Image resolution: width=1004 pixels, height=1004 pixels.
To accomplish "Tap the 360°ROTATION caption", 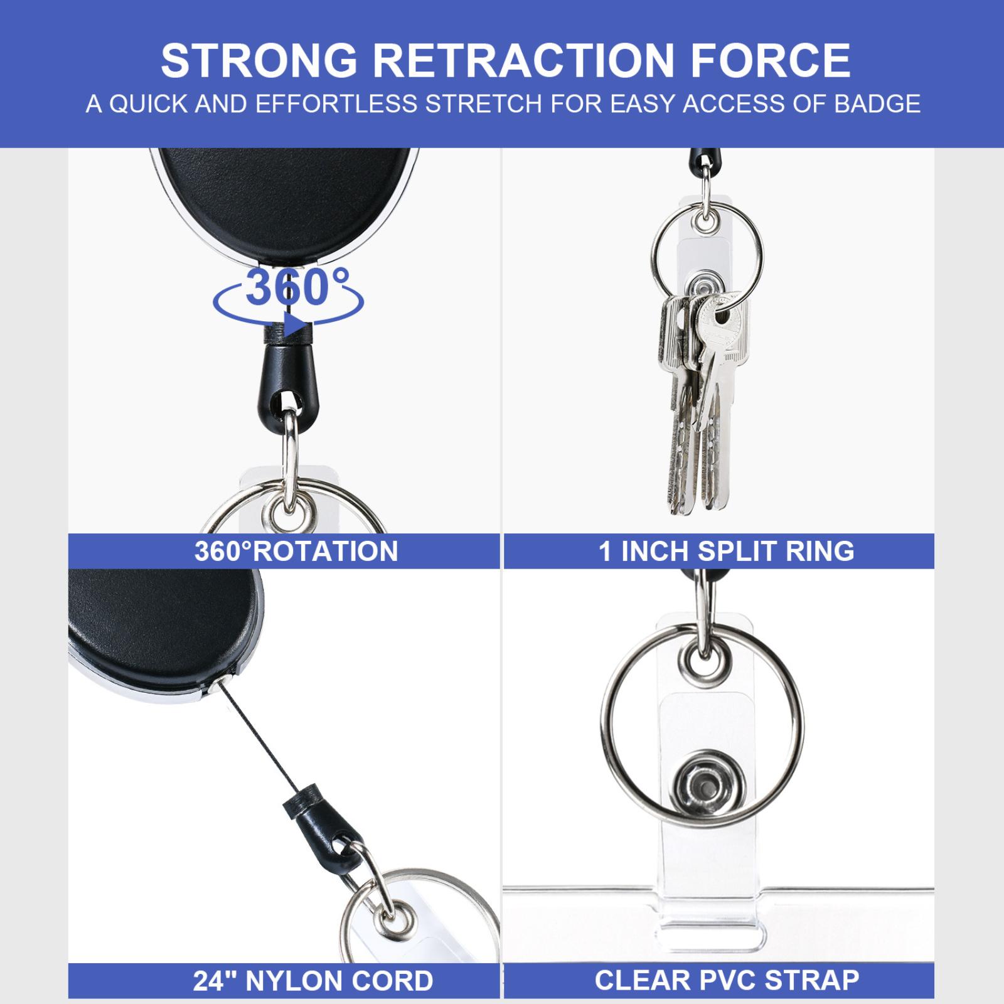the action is pyautogui.click(x=296, y=551).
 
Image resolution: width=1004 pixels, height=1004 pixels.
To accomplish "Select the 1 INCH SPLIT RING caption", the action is pyautogui.click(x=727, y=551).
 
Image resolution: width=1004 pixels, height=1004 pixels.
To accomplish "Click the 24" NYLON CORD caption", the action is pyautogui.click(x=313, y=981).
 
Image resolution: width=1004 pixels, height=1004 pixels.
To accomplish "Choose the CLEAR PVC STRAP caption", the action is pyautogui.click(x=727, y=980).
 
